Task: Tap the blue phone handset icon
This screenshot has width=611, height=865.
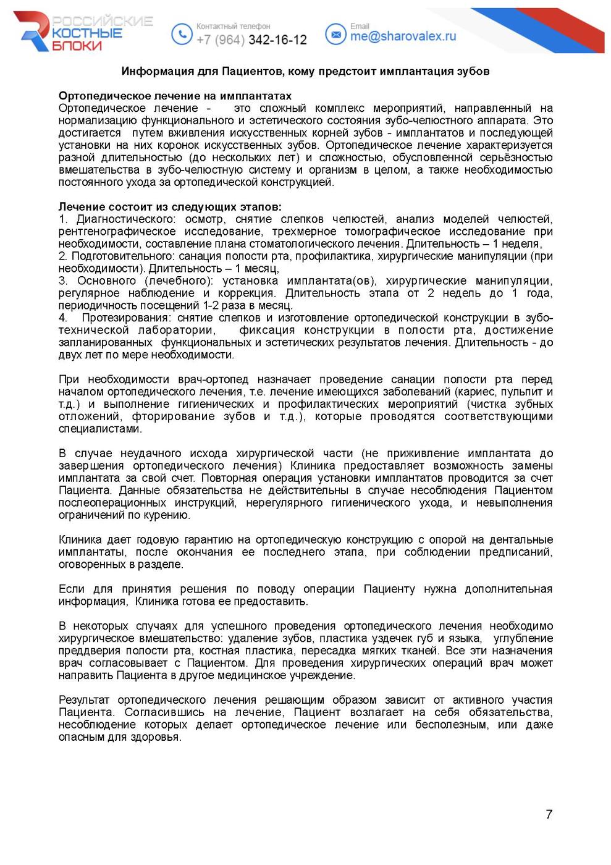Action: tap(182, 34)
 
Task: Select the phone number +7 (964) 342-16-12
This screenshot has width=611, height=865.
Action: tap(251, 40)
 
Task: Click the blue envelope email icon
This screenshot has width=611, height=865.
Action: tap(335, 35)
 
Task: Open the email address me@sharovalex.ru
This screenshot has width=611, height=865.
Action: tap(403, 36)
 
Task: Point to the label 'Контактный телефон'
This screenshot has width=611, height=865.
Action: tap(233, 26)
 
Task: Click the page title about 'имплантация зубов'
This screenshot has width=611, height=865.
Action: tap(305, 71)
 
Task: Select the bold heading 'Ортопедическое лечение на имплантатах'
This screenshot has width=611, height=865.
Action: tap(175, 96)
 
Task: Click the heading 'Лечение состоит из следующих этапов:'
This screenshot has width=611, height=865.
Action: tap(170, 207)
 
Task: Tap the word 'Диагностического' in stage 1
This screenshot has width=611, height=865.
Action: tap(126, 219)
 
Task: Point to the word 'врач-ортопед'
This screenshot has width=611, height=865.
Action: tap(213, 379)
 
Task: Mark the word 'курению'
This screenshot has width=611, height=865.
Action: tap(167, 515)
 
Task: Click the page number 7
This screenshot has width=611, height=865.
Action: tap(549, 814)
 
